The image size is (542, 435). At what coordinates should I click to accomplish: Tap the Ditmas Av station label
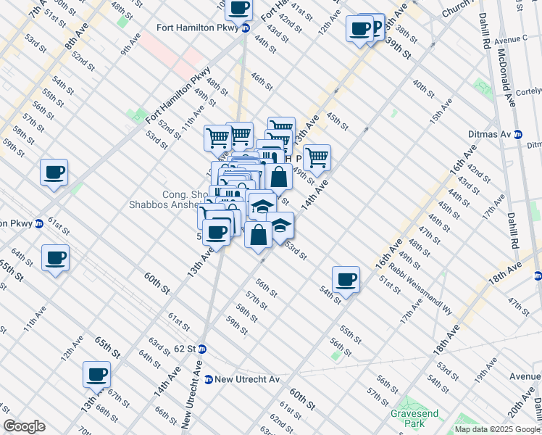click(x=494, y=134)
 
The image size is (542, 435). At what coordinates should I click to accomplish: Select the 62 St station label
click(x=185, y=349)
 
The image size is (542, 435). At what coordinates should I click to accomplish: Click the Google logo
click(x=24, y=426)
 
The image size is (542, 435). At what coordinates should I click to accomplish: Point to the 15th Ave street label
click(x=438, y=109)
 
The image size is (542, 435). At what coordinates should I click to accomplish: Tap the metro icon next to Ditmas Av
click(x=518, y=134)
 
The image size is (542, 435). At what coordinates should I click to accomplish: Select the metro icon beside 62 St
click(x=204, y=349)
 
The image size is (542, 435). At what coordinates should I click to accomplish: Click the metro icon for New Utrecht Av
click(x=209, y=379)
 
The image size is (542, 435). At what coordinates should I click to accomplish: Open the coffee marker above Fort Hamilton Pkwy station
click(x=238, y=8)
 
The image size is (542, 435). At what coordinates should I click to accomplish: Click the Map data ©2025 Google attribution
click(x=498, y=429)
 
